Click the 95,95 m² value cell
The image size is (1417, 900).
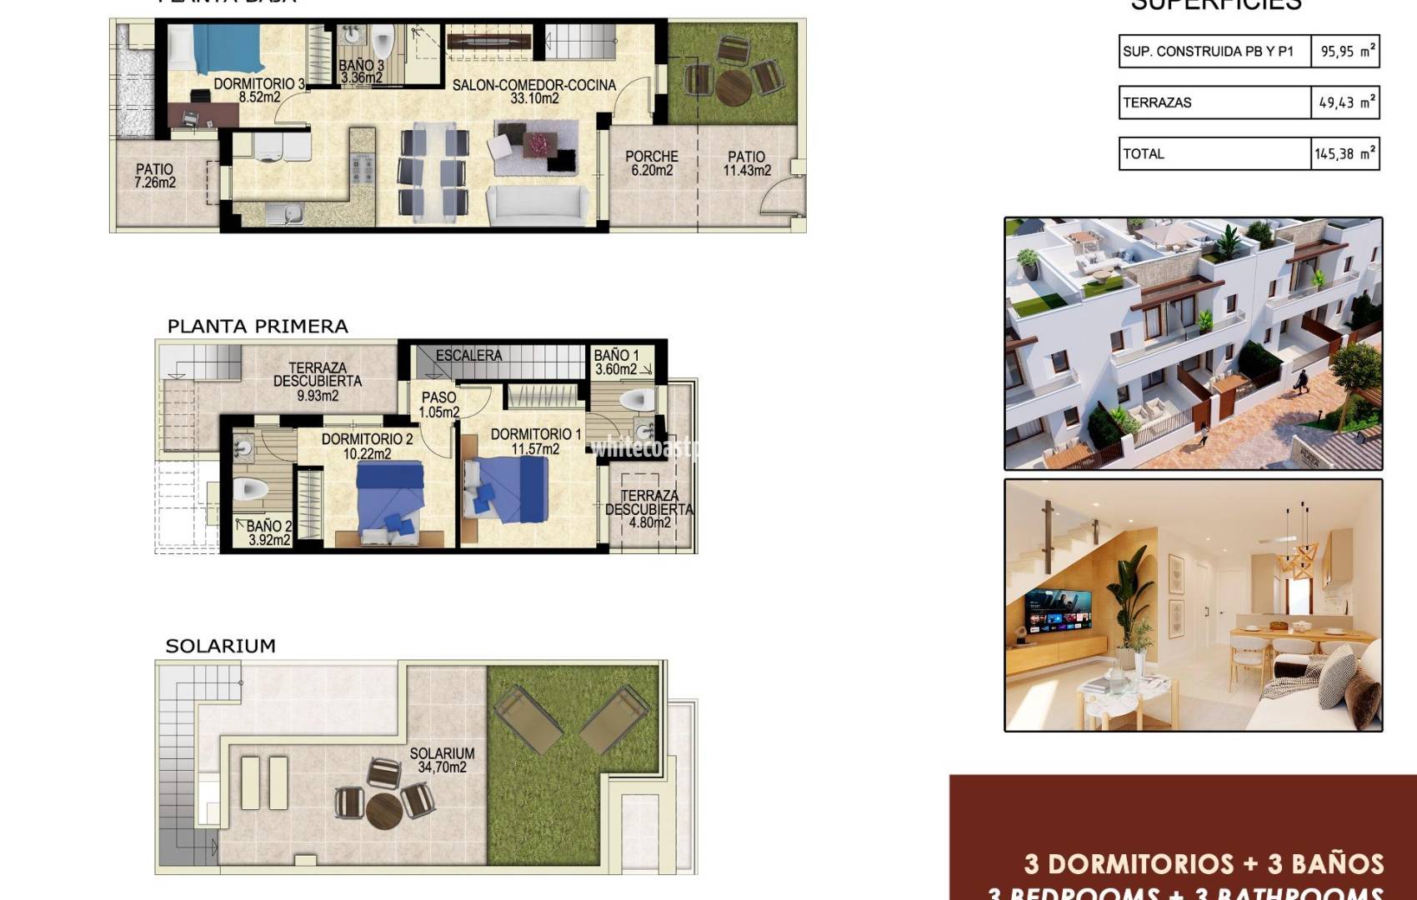coord(1345,52)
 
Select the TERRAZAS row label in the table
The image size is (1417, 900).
coord(1157,102)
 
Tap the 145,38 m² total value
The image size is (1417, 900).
coord(1345,154)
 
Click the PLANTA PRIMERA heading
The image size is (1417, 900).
coord(258,327)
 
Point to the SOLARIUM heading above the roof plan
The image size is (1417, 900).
coord(220,646)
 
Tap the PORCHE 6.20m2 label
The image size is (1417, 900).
coord(652,163)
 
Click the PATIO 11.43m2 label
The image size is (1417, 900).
coord(747,163)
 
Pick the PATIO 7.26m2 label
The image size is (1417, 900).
coord(155,176)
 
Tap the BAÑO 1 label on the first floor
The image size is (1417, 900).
coord(616,362)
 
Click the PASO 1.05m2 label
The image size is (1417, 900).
coord(438,405)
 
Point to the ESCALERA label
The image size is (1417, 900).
coord(468,355)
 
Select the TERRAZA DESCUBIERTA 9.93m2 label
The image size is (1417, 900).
coord(318,381)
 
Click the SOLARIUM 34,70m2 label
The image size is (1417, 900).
coord(442,760)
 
